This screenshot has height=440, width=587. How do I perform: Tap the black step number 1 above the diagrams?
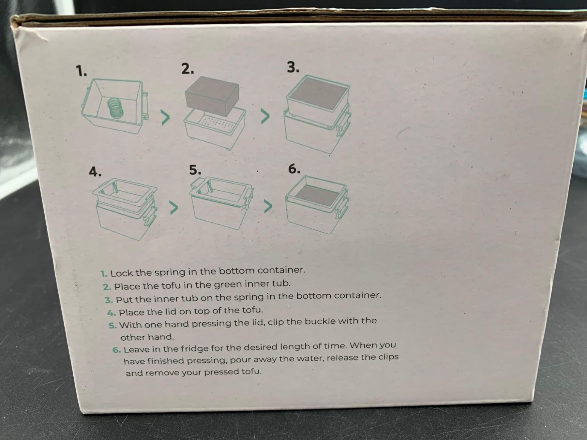pyautogui.click(x=81, y=71)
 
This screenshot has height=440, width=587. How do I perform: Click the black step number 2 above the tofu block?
pyautogui.click(x=188, y=69)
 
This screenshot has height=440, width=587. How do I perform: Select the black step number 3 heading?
pyautogui.click(x=293, y=67)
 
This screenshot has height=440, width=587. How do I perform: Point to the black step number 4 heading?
pyautogui.click(x=95, y=171)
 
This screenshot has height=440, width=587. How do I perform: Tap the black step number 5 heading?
pyautogui.click(x=195, y=170)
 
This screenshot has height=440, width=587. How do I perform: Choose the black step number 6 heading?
pyautogui.click(x=294, y=169)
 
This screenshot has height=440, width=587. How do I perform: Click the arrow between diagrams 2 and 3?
pyautogui.click(x=265, y=116)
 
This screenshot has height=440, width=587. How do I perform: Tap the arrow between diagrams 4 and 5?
pyautogui.click(x=174, y=208)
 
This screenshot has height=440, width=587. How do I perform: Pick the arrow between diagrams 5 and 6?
pyautogui.click(x=268, y=206)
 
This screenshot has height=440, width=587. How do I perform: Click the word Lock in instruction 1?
pyautogui.click(x=121, y=273)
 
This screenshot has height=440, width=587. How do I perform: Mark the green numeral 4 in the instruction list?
pyautogui.click(x=112, y=313)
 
